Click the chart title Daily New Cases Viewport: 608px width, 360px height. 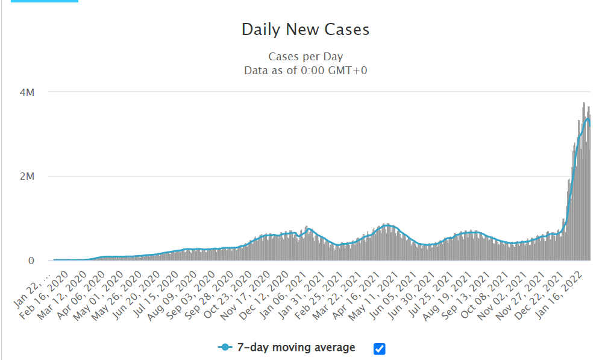[305, 30]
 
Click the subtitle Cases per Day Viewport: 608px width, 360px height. [306, 57]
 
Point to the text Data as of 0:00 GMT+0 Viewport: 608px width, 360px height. [306, 71]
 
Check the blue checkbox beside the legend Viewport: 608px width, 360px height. [379, 349]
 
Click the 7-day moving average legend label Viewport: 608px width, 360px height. [296, 347]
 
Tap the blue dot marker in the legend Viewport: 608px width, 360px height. [225, 348]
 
